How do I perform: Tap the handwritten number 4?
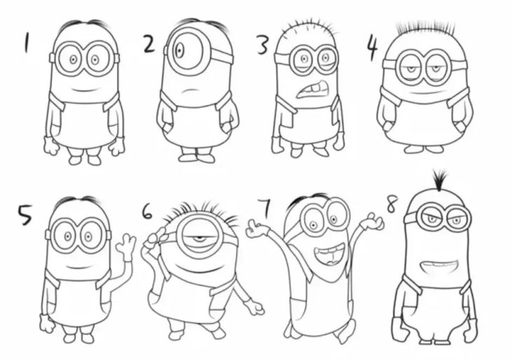coord(372,48)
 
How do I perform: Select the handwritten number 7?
coord(265,208)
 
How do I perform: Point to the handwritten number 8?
coord(392,204)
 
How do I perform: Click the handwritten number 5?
coord(25,215)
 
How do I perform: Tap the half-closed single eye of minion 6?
coord(196,236)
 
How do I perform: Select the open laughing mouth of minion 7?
coord(329,253)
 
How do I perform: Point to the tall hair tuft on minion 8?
coord(440,180)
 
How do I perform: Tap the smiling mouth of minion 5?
coord(78,266)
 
